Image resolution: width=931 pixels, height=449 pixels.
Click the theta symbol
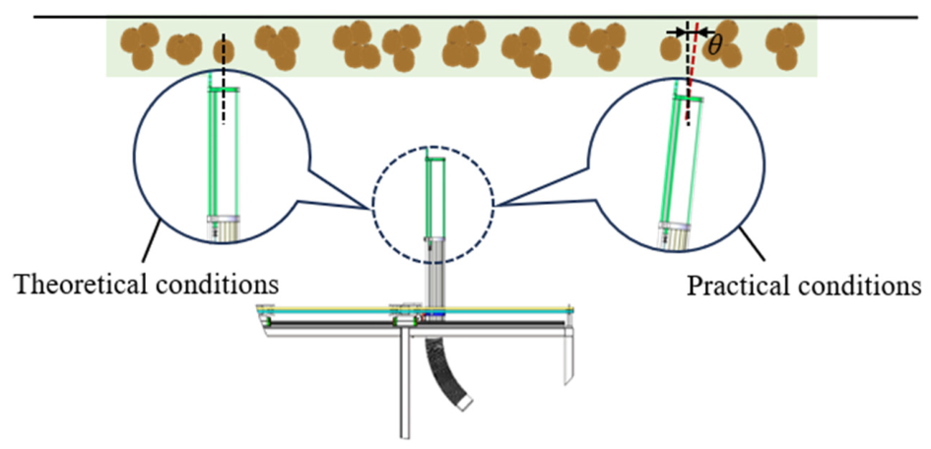[714, 45]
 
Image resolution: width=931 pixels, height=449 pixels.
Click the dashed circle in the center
[372, 205]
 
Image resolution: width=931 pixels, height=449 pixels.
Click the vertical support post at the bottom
[405, 386]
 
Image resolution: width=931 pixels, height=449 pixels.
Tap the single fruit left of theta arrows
[670, 48]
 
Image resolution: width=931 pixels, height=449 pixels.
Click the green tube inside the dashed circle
[435, 196]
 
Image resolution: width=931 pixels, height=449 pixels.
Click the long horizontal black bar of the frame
[416, 323]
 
